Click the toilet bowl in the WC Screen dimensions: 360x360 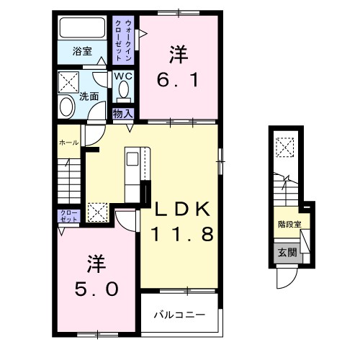click(x=122, y=91)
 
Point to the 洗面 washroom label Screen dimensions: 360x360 click(x=89, y=96)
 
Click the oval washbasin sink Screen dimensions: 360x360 click(x=66, y=108)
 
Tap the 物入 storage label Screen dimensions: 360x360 click(x=123, y=113)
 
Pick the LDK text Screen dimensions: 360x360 click(x=181, y=210)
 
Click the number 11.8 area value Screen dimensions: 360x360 click(x=181, y=235)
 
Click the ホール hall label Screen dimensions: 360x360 click(x=68, y=143)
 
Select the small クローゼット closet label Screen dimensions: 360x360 click(x=66, y=217)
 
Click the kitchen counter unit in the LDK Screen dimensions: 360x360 click(x=134, y=176)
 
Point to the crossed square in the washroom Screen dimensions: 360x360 click(x=70, y=80)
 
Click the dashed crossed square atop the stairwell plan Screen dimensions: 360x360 click(x=286, y=146)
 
